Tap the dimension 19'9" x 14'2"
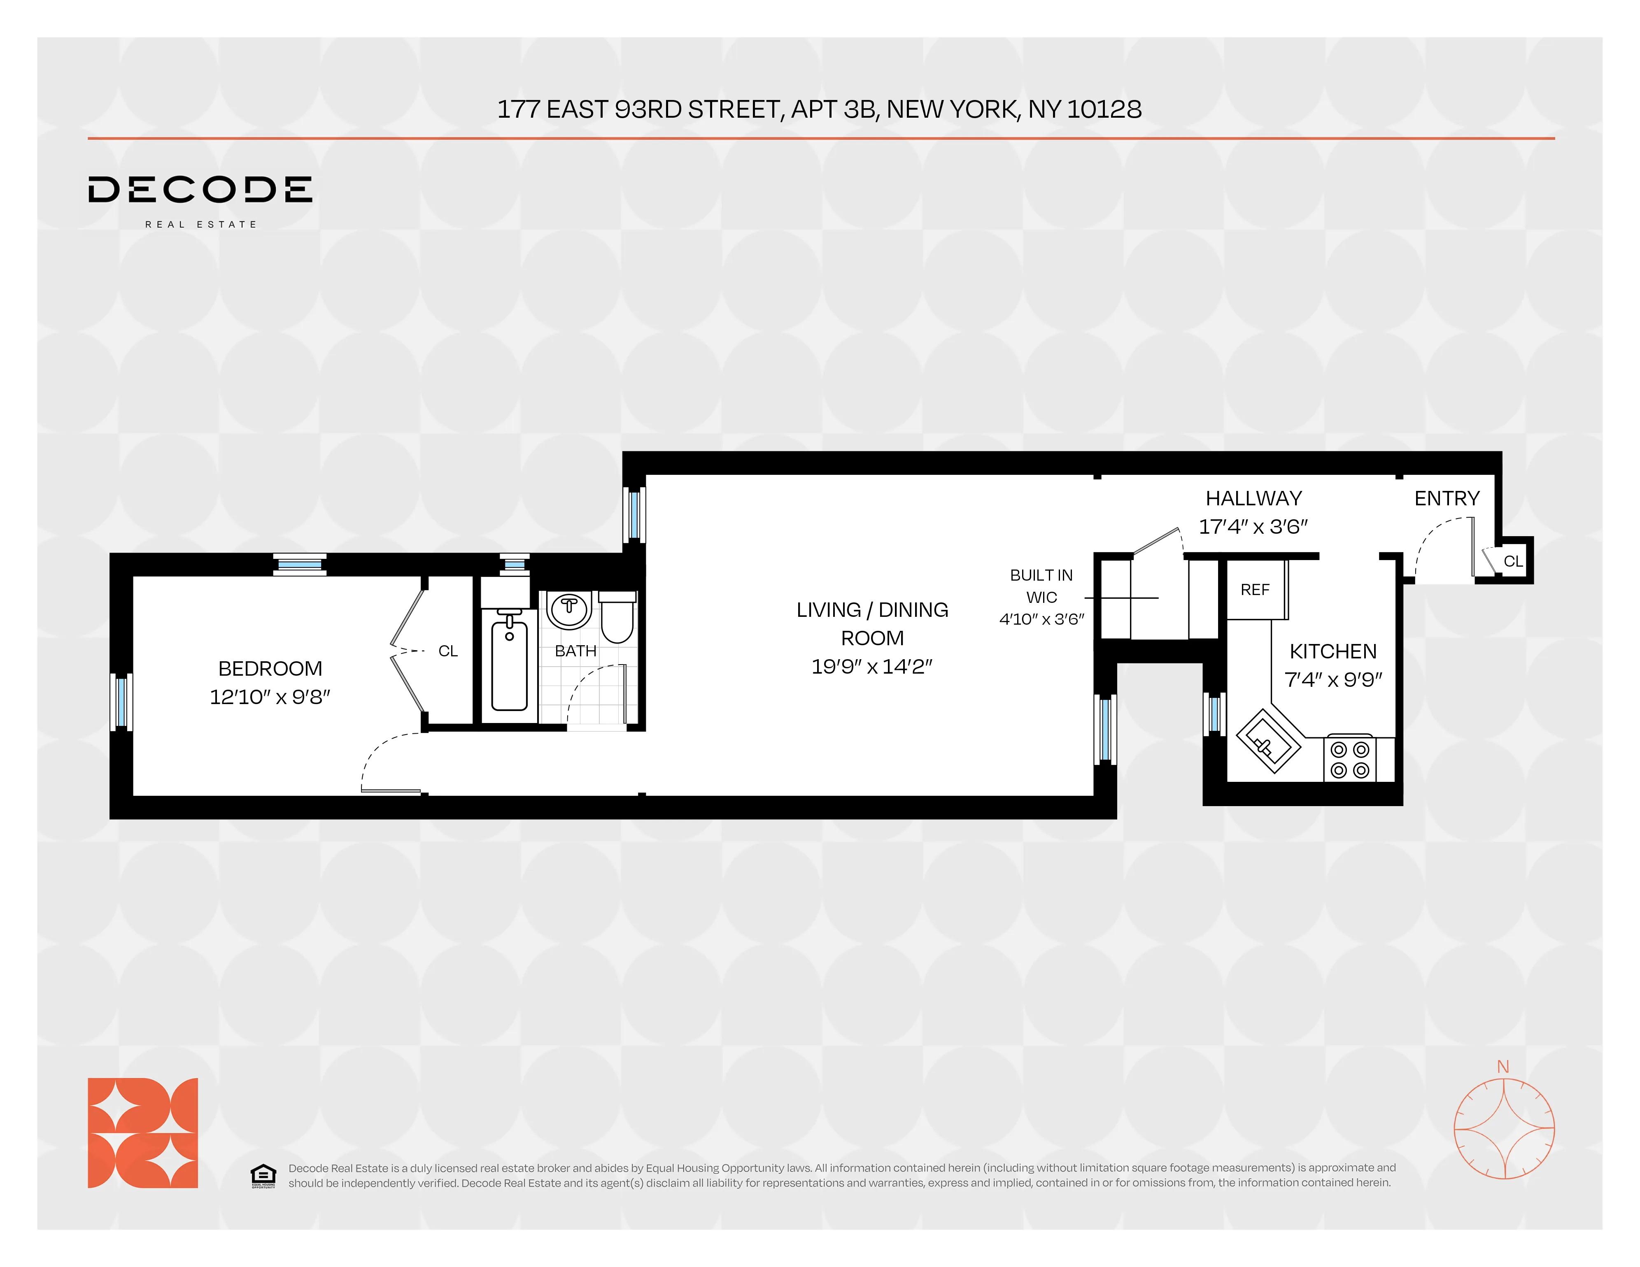(x=872, y=666)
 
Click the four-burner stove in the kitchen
(x=1349, y=759)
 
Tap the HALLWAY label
(x=1253, y=498)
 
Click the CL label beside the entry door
(x=1512, y=561)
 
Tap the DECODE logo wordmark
(x=200, y=190)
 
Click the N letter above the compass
(x=1503, y=1067)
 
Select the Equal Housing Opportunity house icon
(x=263, y=1175)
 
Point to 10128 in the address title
(x=1104, y=109)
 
